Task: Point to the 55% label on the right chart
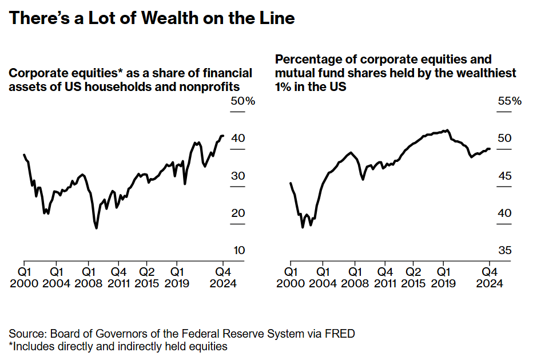coord(510,101)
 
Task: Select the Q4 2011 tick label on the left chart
coord(118,277)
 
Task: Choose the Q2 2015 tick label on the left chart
coord(148,277)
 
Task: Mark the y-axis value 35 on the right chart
coord(505,251)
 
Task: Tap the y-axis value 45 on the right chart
coord(505,176)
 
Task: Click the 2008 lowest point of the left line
coord(96,228)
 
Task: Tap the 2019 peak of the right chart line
coord(447,130)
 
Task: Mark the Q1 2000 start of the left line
coord(24,155)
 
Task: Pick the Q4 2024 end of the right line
coord(490,149)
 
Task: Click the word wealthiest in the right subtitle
coord(481,73)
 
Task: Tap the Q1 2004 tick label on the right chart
coord(324,277)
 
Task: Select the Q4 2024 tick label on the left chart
coord(222,277)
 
